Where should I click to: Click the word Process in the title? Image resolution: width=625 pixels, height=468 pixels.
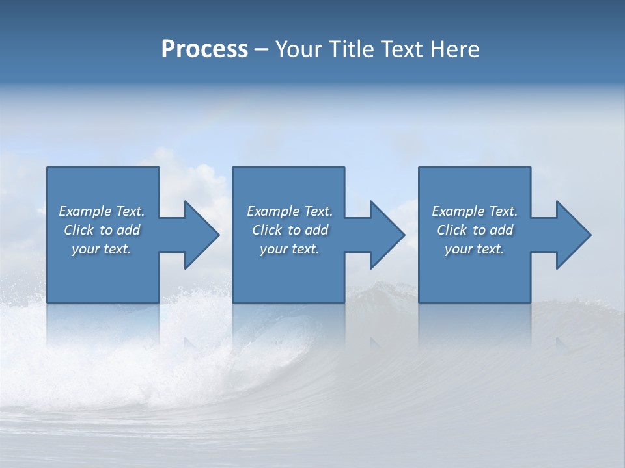click(x=204, y=49)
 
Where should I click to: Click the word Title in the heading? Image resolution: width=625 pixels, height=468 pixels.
click(x=352, y=49)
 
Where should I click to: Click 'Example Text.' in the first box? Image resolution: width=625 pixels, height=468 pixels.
click(x=102, y=211)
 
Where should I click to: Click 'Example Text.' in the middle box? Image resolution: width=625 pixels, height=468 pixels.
click(x=290, y=211)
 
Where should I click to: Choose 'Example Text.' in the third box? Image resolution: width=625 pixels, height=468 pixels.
click(x=475, y=211)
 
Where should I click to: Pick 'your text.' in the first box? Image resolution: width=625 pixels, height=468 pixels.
click(x=102, y=249)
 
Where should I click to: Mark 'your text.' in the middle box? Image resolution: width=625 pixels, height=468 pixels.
click(x=290, y=249)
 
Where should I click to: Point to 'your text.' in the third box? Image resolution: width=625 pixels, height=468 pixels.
click(x=475, y=249)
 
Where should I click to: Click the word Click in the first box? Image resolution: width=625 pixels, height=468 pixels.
click(x=79, y=230)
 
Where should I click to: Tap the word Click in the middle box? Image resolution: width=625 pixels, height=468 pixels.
click(x=267, y=230)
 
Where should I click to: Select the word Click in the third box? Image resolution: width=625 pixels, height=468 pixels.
click(x=452, y=230)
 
